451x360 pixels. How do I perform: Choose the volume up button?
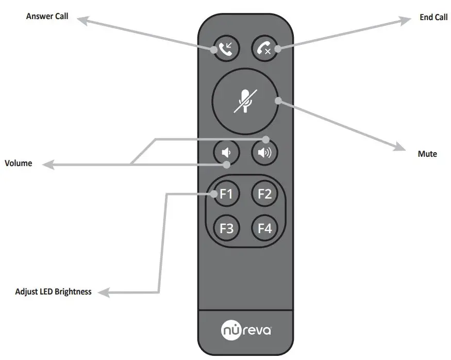click(264, 153)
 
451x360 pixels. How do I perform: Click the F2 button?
click(264, 194)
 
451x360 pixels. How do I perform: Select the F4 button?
click(264, 227)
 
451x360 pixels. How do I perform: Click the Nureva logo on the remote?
click(246, 329)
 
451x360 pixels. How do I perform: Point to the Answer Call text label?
click(47, 17)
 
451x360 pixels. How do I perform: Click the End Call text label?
click(433, 18)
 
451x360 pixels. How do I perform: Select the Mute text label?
click(427, 154)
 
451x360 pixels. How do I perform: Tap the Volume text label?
click(19, 163)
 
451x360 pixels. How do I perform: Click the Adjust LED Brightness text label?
click(54, 292)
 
